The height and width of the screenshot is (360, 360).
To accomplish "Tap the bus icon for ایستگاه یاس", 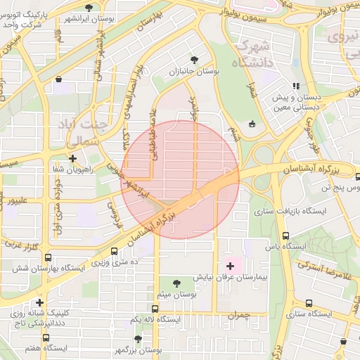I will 285,236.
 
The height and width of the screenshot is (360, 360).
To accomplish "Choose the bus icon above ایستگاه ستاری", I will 309,302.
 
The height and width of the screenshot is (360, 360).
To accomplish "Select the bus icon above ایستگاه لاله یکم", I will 155,308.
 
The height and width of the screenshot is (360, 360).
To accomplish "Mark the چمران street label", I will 238,316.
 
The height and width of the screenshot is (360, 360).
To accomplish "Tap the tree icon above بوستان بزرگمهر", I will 138,338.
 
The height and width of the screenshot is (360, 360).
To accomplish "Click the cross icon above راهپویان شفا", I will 72,158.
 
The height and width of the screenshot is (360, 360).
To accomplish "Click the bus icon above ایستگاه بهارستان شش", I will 48,257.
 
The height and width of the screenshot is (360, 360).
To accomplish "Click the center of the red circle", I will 181,180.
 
